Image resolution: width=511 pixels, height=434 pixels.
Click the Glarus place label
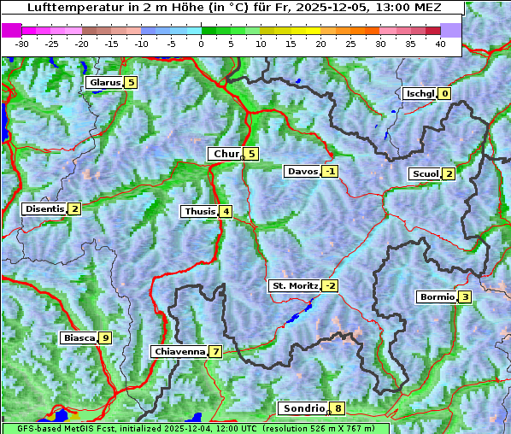[x=103, y=83]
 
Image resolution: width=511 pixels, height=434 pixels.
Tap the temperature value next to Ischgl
[x=444, y=93]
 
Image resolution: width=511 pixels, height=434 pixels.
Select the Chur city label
[x=225, y=154]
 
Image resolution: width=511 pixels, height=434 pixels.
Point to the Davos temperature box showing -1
[x=330, y=172]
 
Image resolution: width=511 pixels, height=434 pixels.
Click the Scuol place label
[x=425, y=173]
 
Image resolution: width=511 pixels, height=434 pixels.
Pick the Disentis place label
[x=44, y=208]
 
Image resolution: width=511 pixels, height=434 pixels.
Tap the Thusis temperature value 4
[x=225, y=211]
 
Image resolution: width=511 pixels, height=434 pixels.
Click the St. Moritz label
[x=294, y=285]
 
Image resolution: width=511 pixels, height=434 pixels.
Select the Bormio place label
[x=436, y=297]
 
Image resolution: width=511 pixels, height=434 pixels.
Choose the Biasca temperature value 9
[x=105, y=338]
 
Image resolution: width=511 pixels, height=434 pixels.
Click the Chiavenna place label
[x=179, y=351]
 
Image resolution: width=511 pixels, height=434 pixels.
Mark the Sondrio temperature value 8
[x=338, y=408]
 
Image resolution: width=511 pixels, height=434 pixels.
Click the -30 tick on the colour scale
[x=22, y=43]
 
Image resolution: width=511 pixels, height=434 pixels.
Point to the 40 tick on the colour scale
[x=440, y=43]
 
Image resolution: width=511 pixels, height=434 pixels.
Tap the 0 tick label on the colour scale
[x=202, y=43]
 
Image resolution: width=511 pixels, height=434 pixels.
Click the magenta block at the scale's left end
[x=12, y=30]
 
